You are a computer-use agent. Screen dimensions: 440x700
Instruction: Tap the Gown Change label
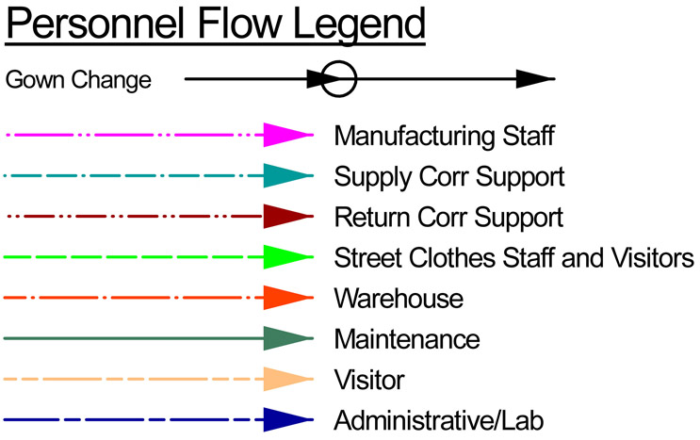[78, 80]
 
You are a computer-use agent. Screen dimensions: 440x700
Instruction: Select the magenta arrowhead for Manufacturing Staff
[287, 136]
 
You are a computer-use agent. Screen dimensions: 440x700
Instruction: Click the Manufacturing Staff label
[444, 137]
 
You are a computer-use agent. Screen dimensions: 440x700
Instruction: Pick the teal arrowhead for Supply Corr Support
[287, 176]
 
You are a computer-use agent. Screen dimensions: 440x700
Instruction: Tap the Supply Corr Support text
[449, 177]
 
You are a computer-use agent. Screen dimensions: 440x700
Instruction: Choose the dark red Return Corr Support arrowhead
[287, 217]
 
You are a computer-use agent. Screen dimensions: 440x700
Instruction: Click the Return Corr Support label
[448, 218]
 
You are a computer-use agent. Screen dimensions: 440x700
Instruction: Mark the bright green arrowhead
[287, 257]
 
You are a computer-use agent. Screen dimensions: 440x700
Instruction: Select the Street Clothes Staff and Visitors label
[513, 258]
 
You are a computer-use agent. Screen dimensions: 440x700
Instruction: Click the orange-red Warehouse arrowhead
[287, 298]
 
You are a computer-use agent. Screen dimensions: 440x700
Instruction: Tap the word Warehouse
[399, 299]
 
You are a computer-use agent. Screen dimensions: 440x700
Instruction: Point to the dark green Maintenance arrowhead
[287, 338]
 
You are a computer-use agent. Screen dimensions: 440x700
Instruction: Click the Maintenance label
[407, 339]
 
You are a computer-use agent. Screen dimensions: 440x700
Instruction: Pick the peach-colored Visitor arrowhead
[287, 379]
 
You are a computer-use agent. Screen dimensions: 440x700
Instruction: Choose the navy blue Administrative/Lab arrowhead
[287, 419]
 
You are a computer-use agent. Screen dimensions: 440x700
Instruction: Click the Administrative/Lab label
[439, 420]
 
